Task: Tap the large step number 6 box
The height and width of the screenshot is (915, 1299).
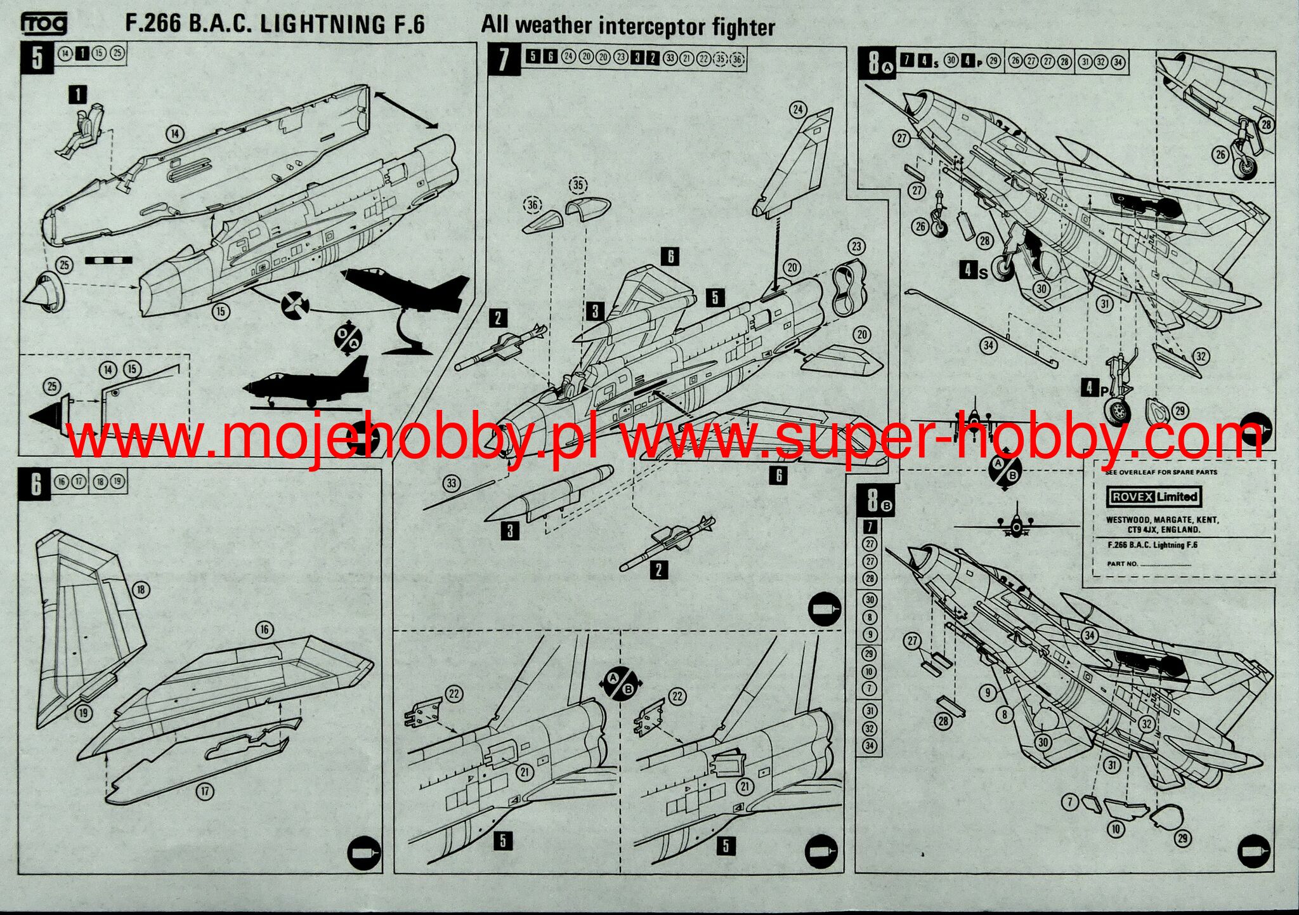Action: click(x=36, y=485)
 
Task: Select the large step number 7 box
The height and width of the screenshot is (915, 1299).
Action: click(x=504, y=59)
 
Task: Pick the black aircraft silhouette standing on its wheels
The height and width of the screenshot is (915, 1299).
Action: click(x=308, y=384)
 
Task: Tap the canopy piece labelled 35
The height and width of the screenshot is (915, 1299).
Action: click(x=587, y=207)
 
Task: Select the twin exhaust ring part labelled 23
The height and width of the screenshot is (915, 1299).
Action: click(x=846, y=289)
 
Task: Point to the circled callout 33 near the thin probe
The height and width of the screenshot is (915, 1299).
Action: click(x=451, y=484)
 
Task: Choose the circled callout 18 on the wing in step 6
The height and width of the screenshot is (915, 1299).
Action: click(x=140, y=589)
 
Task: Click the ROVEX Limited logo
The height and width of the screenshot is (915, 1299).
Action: click(x=1154, y=497)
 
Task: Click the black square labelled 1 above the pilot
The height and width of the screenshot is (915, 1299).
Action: click(x=77, y=95)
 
